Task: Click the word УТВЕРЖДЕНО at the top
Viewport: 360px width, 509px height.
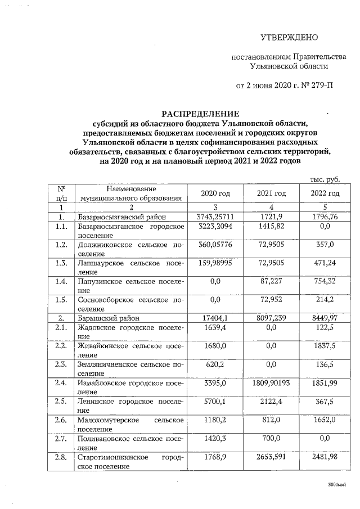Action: [289, 38]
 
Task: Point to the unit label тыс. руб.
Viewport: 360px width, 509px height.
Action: [325, 179]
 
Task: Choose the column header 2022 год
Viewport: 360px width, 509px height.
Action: [325, 193]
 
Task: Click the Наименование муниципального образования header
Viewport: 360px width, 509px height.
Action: [131, 193]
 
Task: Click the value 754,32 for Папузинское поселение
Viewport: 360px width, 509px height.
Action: [325, 284]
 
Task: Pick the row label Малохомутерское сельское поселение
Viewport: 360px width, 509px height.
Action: [131, 424]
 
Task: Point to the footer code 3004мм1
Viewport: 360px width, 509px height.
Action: [336, 484]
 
